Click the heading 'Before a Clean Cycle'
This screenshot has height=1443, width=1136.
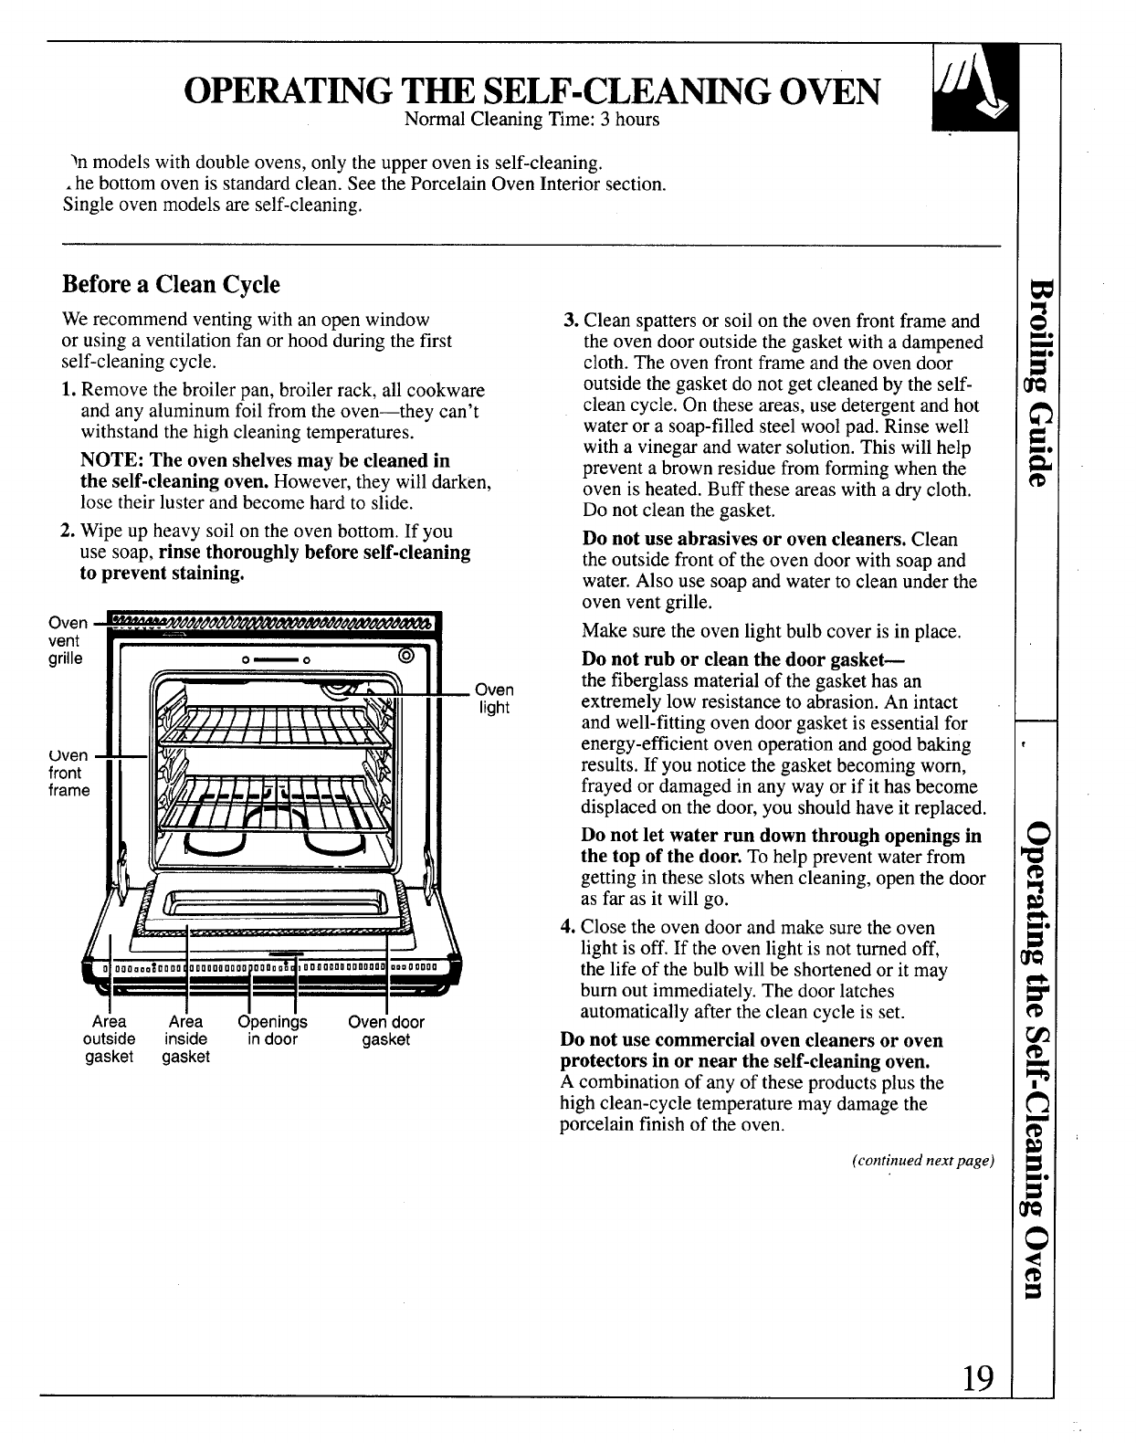tap(170, 284)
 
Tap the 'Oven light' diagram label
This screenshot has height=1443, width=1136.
tap(494, 698)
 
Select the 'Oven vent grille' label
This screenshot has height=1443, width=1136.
tap(67, 640)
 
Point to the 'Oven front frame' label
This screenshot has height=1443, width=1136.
tap(68, 773)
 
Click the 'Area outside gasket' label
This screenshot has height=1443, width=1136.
tap(109, 1038)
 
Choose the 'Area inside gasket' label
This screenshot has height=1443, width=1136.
tap(186, 1038)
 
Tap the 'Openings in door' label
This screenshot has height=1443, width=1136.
tap(272, 1030)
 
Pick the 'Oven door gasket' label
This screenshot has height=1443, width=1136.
tap(386, 1030)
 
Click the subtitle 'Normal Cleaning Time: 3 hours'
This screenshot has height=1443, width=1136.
tap(531, 120)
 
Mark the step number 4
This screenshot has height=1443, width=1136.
tap(566, 928)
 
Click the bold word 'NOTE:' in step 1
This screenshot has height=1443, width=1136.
tap(108, 460)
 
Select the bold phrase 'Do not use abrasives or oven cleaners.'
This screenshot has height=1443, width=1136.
tap(744, 540)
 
